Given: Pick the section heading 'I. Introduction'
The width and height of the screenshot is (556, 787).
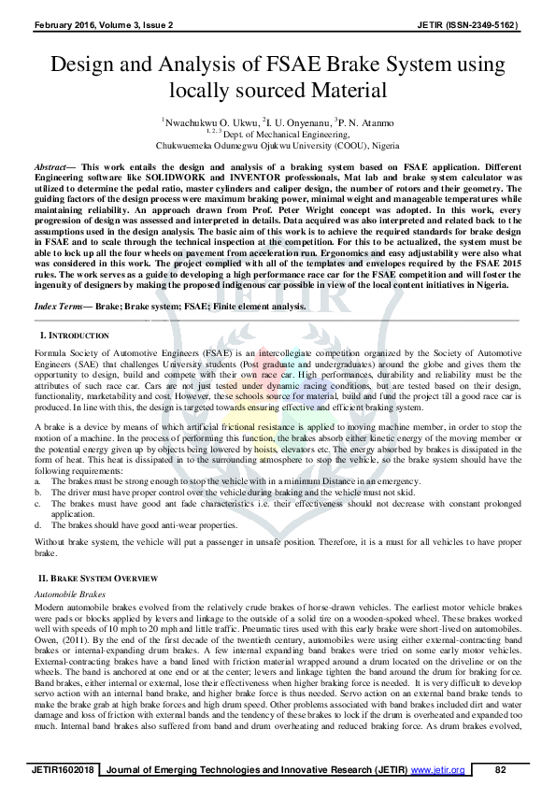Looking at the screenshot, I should (x=74, y=335).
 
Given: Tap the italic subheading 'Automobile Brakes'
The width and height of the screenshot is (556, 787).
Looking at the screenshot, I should (x=69, y=594).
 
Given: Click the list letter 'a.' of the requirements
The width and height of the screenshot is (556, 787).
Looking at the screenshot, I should (x=37, y=479).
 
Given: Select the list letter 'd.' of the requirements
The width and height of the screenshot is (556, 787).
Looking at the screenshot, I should (x=37, y=525).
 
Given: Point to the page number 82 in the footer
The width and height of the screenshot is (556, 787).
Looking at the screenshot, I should (x=500, y=769).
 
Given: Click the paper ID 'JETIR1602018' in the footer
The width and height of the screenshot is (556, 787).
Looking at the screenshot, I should (x=64, y=769).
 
